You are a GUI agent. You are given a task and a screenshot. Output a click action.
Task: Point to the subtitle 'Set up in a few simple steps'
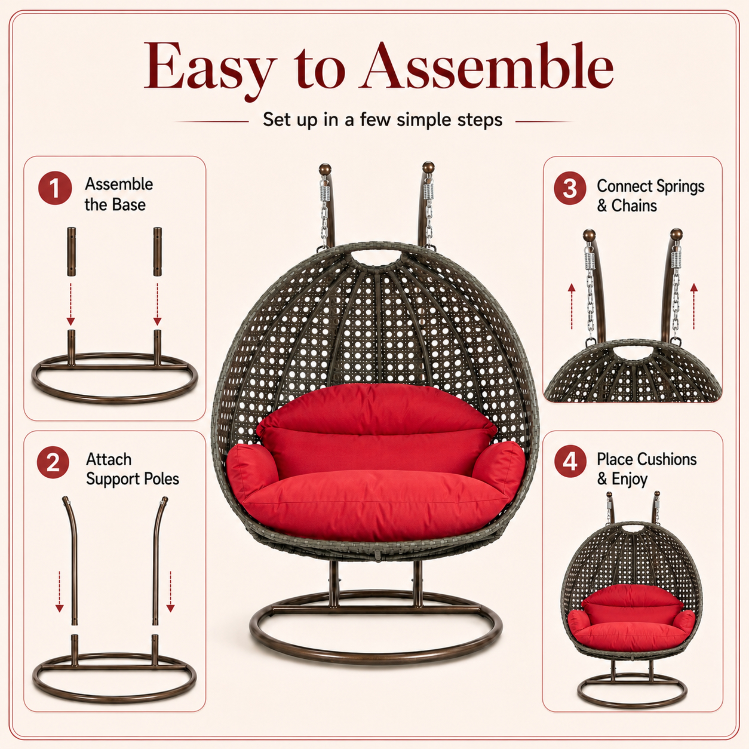pos(382,120)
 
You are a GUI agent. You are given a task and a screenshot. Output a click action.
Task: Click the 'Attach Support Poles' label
pos(132,469)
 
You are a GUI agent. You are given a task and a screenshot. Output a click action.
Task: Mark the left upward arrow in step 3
pos(571,306)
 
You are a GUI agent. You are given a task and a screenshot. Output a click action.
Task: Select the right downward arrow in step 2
pos(170,591)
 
